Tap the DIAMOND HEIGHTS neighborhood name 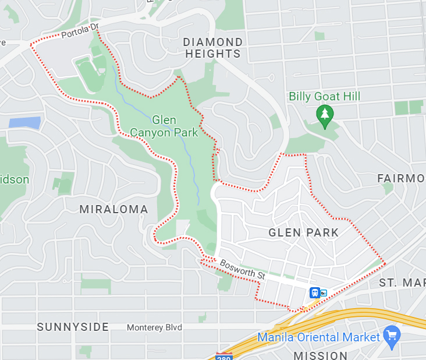pos(212,48)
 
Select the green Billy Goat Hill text pos(325,96)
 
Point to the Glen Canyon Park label pos(175,126)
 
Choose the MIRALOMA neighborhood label pos(113,209)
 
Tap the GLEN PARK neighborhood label pos(303,232)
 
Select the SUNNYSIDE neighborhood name pos(73,327)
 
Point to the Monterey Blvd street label pos(154,327)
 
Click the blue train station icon pos(315,292)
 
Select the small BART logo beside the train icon pos(324,293)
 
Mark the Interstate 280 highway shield pos(223,355)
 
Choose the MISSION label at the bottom pos(320,355)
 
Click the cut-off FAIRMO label pos(401,178)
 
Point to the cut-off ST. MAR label pos(402,283)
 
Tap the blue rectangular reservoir pos(24,122)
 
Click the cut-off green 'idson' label pos(14,179)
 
